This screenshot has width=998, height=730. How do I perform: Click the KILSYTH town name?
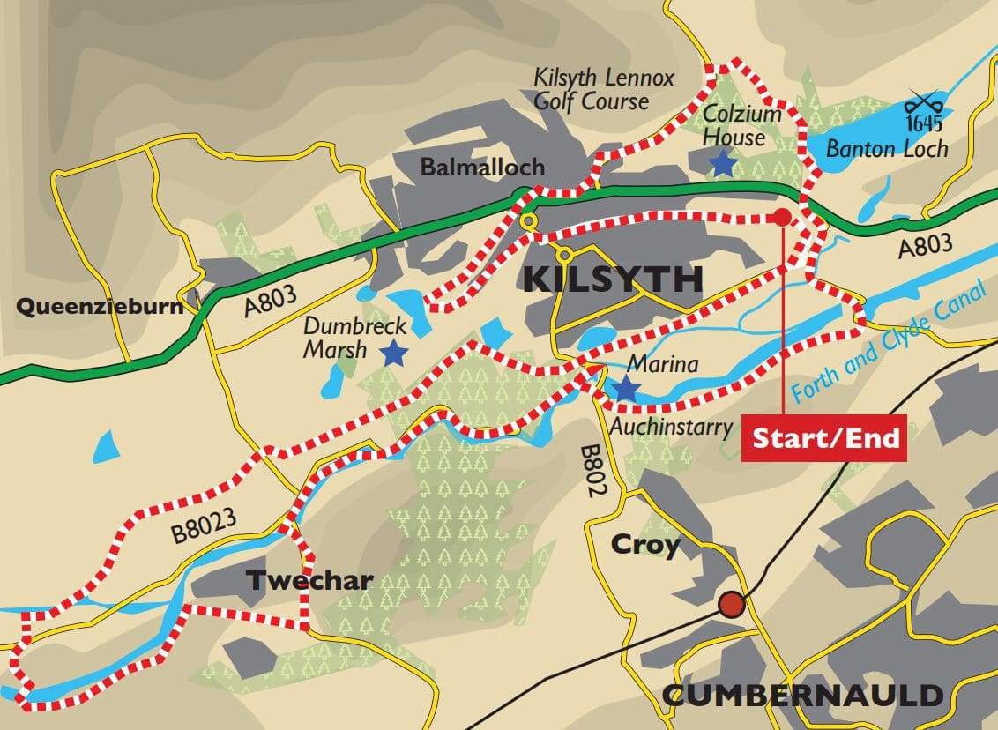click(x=613, y=279)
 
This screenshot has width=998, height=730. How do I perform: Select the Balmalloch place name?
click(x=481, y=167)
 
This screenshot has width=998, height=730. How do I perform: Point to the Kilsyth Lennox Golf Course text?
click(x=591, y=88)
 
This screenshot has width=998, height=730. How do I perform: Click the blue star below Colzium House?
click(x=723, y=162)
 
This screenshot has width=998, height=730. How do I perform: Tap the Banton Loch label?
click(x=886, y=148)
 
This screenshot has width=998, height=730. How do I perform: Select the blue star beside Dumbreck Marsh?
click(x=393, y=354)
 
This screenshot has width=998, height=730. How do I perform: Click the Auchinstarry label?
click(x=671, y=428)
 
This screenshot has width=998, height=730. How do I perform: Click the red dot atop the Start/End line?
click(x=781, y=217)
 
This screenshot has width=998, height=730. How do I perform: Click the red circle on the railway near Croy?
click(x=730, y=605)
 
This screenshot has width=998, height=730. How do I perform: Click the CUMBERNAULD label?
click(x=802, y=695)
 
